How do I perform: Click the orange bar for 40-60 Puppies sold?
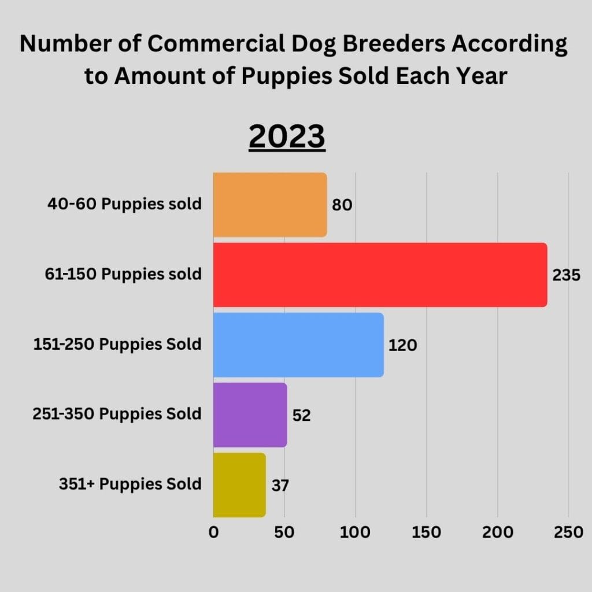point(270,205)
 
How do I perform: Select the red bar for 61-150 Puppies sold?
point(380,275)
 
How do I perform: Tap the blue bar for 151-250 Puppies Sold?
point(298,345)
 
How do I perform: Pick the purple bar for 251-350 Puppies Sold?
point(250,415)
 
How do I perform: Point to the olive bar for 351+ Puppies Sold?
point(239,484)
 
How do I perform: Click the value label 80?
point(342,205)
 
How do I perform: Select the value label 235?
point(566,276)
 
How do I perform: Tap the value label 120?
point(402,346)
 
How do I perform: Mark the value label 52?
point(302,416)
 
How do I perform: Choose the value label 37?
point(280,486)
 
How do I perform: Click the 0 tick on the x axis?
point(213,532)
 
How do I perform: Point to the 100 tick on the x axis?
point(356,532)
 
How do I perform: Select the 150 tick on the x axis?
point(427,532)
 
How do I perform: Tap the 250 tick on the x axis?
point(569,532)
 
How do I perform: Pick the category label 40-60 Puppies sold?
point(124,204)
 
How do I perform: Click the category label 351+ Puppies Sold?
point(130,484)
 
